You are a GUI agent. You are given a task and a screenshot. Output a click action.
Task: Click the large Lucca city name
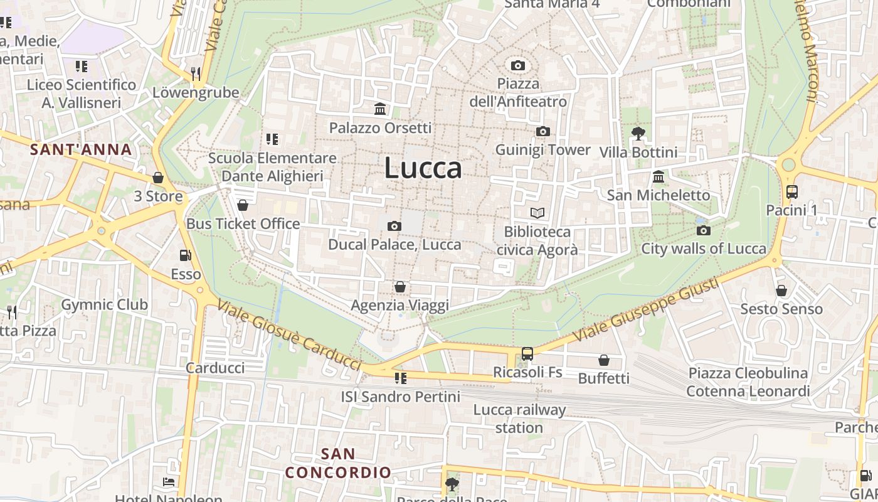[x=423, y=168]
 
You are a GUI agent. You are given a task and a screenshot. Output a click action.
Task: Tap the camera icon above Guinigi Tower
[x=542, y=131]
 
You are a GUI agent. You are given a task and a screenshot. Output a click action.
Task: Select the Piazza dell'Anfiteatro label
[x=517, y=92]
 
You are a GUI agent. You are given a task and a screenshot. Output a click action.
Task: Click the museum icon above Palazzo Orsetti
[x=380, y=109]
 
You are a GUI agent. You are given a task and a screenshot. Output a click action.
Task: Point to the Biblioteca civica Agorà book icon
[x=537, y=213]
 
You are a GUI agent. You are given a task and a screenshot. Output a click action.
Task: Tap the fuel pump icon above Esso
[x=186, y=255]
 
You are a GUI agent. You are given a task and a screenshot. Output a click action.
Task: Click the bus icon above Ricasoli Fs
[x=527, y=354]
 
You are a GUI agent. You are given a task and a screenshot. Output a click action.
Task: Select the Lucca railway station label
[x=519, y=419]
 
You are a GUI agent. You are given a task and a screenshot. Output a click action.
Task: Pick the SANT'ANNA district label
[x=81, y=149]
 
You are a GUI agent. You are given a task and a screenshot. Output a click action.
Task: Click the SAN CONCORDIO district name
[x=339, y=463]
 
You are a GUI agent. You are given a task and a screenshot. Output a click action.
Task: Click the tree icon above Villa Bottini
[x=638, y=133]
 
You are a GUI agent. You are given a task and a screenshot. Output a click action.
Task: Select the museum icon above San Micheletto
[x=658, y=176]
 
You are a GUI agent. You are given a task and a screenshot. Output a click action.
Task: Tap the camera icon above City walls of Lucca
[x=704, y=230]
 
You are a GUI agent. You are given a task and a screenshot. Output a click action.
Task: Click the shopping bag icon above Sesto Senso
[x=781, y=291]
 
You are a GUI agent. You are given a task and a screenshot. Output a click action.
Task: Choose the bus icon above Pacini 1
[x=791, y=192]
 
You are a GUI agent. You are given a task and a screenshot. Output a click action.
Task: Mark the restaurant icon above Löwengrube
[x=196, y=74]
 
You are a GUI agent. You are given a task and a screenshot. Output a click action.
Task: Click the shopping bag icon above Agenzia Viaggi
[x=399, y=287]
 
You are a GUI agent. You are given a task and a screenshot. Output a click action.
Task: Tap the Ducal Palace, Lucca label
[x=394, y=244]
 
